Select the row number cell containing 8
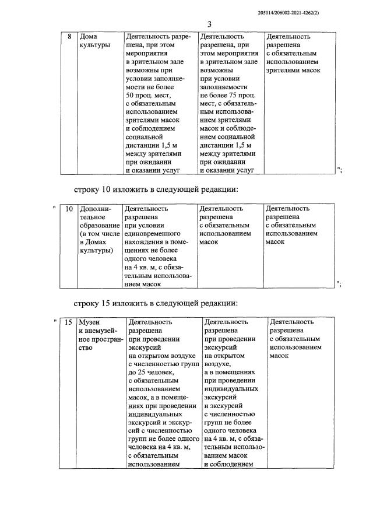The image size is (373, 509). (69, 37)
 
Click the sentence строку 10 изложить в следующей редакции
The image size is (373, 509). (156, 189)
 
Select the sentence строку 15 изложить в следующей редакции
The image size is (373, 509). (156, 303)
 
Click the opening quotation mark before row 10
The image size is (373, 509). (54, 208)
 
